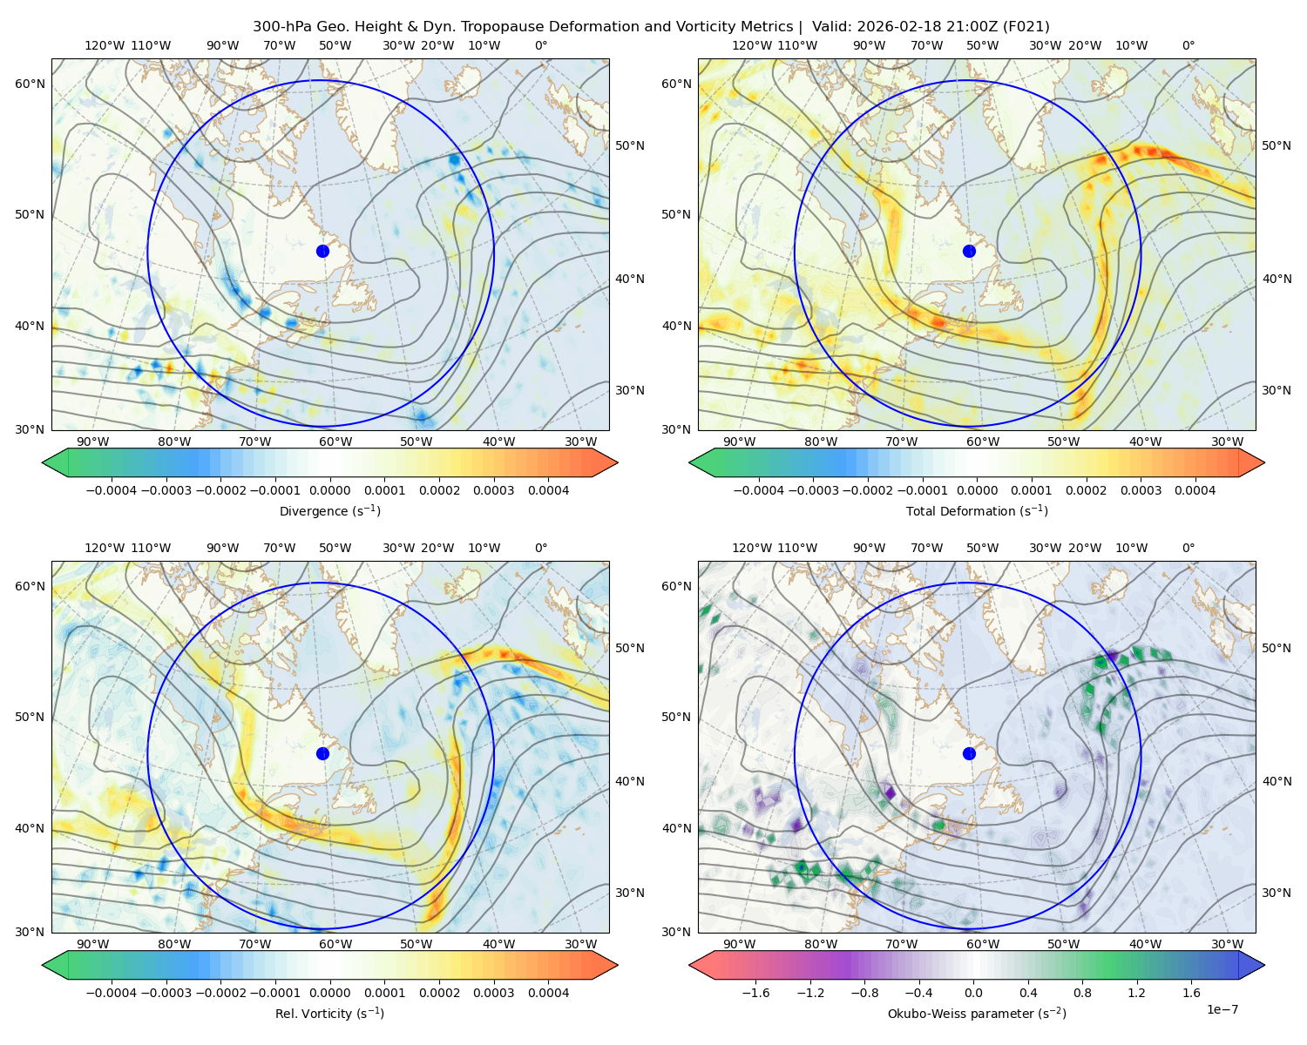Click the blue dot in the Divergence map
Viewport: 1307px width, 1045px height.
(x=322, y=251)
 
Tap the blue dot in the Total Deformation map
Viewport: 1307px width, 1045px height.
(x=969, y=251)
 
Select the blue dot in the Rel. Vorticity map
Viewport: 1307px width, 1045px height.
(x=322, y=753)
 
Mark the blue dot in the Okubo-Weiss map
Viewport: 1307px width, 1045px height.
(x=969, y=753)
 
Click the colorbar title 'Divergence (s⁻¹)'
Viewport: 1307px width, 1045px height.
(x=329, y=510)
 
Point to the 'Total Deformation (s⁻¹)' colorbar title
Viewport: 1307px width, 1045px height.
(x=977, y=510)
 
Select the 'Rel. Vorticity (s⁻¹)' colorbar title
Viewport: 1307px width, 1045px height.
(x=329, y=1013)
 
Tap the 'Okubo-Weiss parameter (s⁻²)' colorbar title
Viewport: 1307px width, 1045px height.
(x=977, y=1013)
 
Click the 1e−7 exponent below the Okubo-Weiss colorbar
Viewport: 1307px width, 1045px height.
(x=1222, y=1009)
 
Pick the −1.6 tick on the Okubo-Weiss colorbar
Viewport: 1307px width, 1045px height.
(x=755, y=993)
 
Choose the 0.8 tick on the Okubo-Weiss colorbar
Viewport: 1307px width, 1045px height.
(x=1082, y=993)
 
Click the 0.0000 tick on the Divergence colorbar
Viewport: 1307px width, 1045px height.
(x=329, y=490)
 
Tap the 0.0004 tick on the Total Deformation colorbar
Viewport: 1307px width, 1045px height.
(x=1195, y=490)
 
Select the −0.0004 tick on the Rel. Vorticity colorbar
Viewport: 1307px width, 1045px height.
(x=112, y=993)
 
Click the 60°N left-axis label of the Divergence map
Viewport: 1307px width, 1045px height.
(x=30, y=84)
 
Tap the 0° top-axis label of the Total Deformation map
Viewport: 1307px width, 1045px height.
(x=1188, y=45)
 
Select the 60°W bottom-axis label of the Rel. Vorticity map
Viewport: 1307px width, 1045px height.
(x=335, y=944)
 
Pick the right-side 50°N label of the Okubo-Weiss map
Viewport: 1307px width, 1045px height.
(x=1276, y=648)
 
